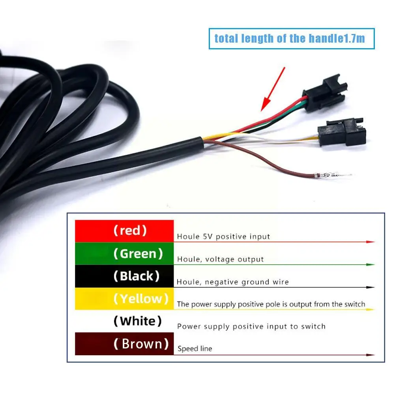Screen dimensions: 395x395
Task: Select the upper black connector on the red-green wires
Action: [325, 93]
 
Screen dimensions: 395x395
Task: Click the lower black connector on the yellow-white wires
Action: [342, 132]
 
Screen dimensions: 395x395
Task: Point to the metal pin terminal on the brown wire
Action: [333, 175]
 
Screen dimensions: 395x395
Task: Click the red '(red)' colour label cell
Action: [124, 231]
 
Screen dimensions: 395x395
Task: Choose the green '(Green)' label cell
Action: [124, 253]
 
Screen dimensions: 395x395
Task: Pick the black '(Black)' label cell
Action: [124, 276]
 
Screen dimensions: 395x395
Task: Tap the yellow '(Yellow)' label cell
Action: [124, 298]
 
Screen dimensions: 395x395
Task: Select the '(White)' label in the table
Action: [138, 321]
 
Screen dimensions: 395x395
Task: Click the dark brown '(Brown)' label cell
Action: [124, 344]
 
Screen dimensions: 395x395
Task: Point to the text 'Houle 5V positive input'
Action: [223, 236]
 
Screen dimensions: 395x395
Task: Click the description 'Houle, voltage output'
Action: [221, 259]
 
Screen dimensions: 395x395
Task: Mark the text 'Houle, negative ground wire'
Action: [233, 282]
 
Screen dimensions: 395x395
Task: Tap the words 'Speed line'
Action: [195, 349]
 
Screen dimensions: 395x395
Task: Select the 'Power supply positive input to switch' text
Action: [251, 326]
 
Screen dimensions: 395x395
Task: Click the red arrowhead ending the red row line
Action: [371, 242]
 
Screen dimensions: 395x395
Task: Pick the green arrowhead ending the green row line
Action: [371, 264]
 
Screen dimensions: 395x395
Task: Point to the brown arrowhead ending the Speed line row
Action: [371, 355]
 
